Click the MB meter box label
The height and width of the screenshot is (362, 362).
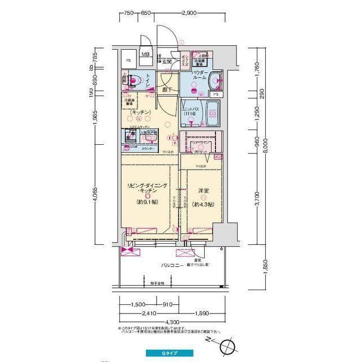click(x=146, y=54)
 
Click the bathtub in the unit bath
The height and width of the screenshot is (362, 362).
click(x=213, y=116)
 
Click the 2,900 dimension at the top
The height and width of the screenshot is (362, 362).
click(x=189, y=12)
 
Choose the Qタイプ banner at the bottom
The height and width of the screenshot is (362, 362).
click(x=170, y=353)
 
